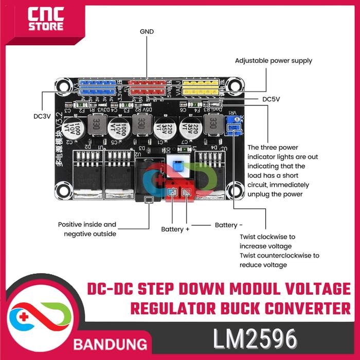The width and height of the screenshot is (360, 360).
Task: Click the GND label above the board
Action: (x=147, y=32)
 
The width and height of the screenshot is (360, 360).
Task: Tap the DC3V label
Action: (x=42, y=116)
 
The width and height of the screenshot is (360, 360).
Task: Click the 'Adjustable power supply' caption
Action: (x=274, y=61)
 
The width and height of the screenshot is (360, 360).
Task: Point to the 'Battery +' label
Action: (x=175, y=229)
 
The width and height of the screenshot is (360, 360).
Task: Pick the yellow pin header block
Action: (x=198, y=87)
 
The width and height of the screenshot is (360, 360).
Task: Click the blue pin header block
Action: (x=97, y=87)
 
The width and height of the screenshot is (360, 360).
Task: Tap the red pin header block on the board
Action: (x=148, y=87)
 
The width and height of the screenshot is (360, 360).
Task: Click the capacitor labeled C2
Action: (x=71, y=128)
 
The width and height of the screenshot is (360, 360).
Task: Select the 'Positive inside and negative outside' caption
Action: (x=87, y=229)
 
